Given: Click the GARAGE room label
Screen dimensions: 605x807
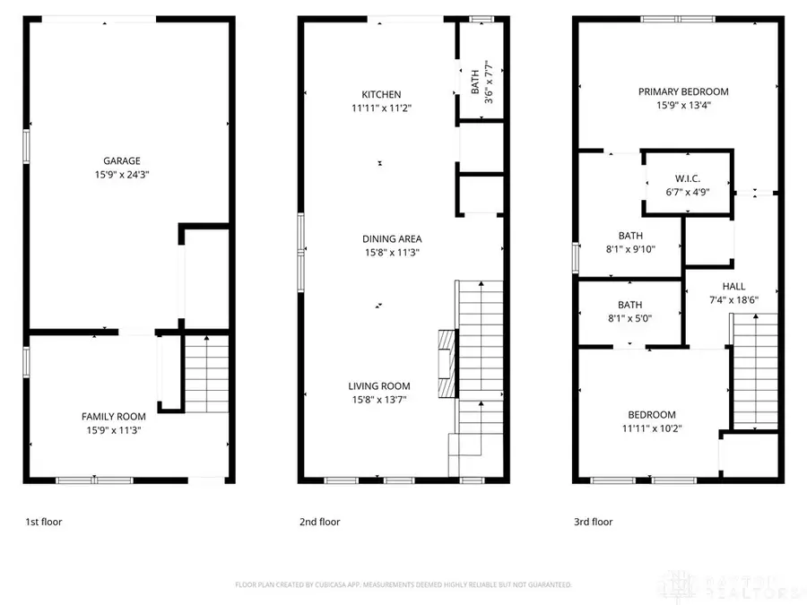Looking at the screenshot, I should tap(121, 161).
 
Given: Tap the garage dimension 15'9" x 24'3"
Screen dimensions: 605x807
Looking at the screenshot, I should tap(121, 176).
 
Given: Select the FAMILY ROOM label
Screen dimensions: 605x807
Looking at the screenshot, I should tap(114, 416).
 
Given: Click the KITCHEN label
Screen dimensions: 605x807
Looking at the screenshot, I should tap(381, 94).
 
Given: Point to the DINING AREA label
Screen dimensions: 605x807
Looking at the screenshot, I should tap(392, 238).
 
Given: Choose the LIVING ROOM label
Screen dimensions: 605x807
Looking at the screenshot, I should tap(378, 386).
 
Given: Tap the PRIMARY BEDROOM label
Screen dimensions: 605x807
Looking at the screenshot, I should tap(683, 91).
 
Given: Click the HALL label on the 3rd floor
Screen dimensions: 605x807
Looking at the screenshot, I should tap(733, 287).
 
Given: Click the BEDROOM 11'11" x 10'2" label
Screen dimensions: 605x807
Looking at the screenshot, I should tap(651, 415).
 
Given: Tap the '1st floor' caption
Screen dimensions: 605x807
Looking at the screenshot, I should tap(43, 521).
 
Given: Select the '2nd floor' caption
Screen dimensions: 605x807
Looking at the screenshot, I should tap(320, 521).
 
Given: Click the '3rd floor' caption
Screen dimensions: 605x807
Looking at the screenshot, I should tap(594, 521).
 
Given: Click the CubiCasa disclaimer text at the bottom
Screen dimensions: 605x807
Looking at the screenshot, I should tap(403, 584).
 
